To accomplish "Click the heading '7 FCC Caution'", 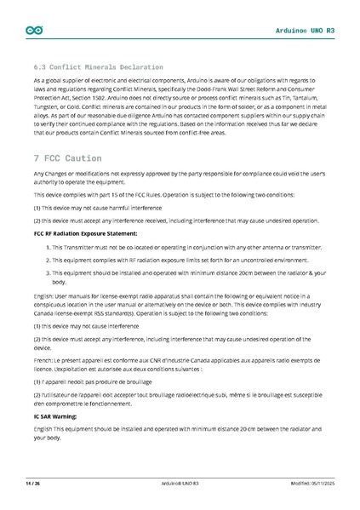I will [67, 158].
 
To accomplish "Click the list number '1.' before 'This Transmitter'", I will [44, 246].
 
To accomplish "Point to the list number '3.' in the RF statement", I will [44, 272].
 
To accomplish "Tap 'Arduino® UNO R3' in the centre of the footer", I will [180, 483].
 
